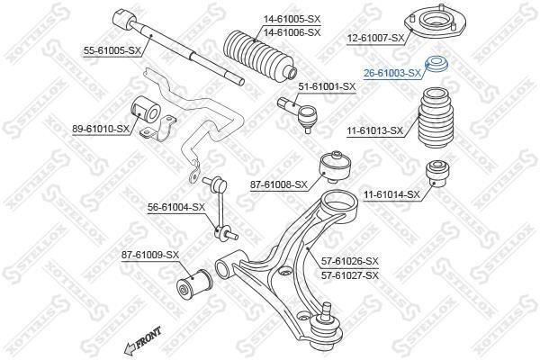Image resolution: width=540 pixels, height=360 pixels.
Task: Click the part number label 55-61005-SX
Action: pyautogui.click(x=112, y=51)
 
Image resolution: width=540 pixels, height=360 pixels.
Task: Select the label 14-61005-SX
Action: pyautogui.click(x=292, y=19)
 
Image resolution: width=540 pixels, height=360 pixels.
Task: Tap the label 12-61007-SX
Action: pyautogui.click(x=375, y=38)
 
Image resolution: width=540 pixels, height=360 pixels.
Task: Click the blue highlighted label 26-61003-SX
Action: pyautogui.click(x=392, y=73)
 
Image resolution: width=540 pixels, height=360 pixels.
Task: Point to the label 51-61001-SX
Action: pyautogui.click(x=327, y=86)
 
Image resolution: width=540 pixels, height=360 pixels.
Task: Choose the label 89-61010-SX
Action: pyautogui.click(x=101, y=130)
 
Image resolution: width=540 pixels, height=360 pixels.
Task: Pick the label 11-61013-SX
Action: pyautogui.click(x=374, y=130)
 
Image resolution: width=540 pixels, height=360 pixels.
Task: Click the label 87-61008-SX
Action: pyautogui.click(x=279, y=185)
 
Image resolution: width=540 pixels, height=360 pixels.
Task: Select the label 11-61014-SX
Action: pyautogui.click(x=391, y=195)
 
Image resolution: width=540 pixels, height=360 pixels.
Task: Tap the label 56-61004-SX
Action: pyautogui.click(x=176, y=207)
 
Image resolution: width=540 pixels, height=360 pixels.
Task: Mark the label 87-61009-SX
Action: pyautogui.click(x=150, y=255)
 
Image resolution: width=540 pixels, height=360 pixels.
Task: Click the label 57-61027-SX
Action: pyautogui.click(x=350, y=275)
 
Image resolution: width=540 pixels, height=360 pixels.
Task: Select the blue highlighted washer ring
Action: pyautogui.click(x=436, y=64)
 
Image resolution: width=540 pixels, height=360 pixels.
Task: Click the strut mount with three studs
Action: pyautogui.click(x=436, y=25)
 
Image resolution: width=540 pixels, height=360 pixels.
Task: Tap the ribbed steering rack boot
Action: pyautogui.click(x=260, y=56)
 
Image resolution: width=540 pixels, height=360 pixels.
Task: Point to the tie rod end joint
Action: pyautogui.click(x=297, y=113)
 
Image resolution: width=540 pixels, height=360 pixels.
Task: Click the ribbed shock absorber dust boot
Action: pyautogui.click(x=436, y=119)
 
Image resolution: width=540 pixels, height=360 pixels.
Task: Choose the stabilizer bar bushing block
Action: pyautogui.click(x=147, y=109)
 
